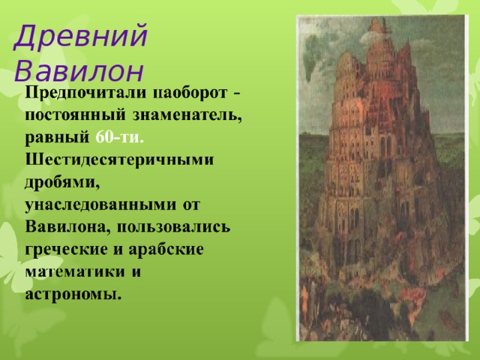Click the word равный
58,139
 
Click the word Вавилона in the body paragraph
67,226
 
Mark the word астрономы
73,291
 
